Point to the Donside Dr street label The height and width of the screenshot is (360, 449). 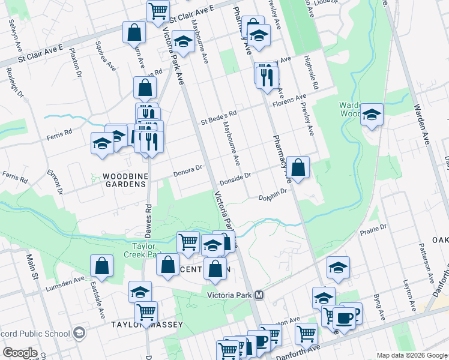(x=235, y=176)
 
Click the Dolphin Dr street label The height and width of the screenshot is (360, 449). (x=274, y=196)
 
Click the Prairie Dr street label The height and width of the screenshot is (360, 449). (x=373, y=229)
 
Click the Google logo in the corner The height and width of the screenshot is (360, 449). (x=20, y=353)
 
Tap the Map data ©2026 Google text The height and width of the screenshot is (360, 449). (x=411, y=355)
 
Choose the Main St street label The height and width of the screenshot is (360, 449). (x=29, y=268)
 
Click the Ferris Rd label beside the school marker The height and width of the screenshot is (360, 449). (x=60, y=134)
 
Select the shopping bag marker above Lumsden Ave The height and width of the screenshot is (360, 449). (x=101, y=266)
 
